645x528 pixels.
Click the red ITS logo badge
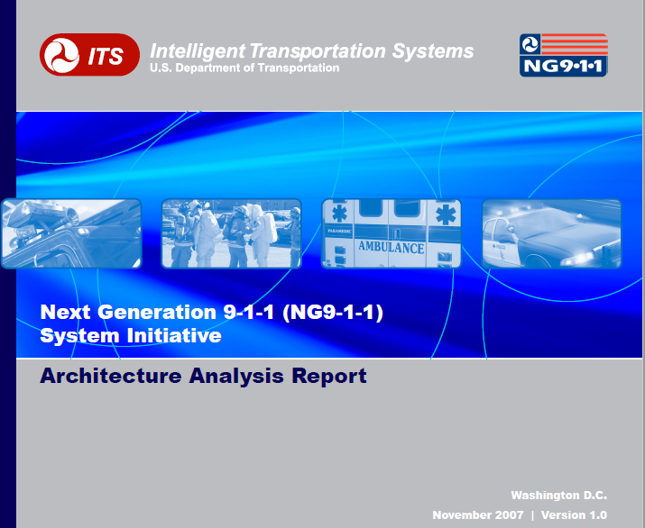pyautogui.click(x=89, y=55)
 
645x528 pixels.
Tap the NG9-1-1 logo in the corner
pyautogui.click(x=564, y=55)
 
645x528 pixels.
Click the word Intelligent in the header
pyautogui.click(x=198, y=51)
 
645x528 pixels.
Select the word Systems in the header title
pyautogui.click(x=433, y=51)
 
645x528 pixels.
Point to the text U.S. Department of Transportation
pyautogui.click(x=244, y=68)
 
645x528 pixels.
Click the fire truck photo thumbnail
pyautogui.click(x=71, y=233)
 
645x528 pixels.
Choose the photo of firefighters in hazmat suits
pyautogui.click(x=232, y=233)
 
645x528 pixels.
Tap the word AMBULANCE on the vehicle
pyautogui.click(x=392, y=247)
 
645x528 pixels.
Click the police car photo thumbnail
pyautogui.click(x=551, y=233)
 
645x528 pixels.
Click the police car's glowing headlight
pyautogui.click(x=581, y=258)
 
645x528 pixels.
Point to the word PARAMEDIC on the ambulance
pyautogui.click(x=340, y=232)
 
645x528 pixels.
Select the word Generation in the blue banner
pyautogui.click(x=157, y=312)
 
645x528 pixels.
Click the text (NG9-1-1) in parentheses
pyautogui.click(x=333, y=313)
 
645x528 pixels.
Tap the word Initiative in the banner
pyautogui.click(x=174, y=335)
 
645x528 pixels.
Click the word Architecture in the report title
pyautogui.click(x=111, y=376)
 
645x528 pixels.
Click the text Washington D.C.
pyautogui.click(x=559, y=496)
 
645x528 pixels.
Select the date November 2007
pyautogui.click(x=478, y=514)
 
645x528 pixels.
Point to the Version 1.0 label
pyautogui.click(x=574, y=514)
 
